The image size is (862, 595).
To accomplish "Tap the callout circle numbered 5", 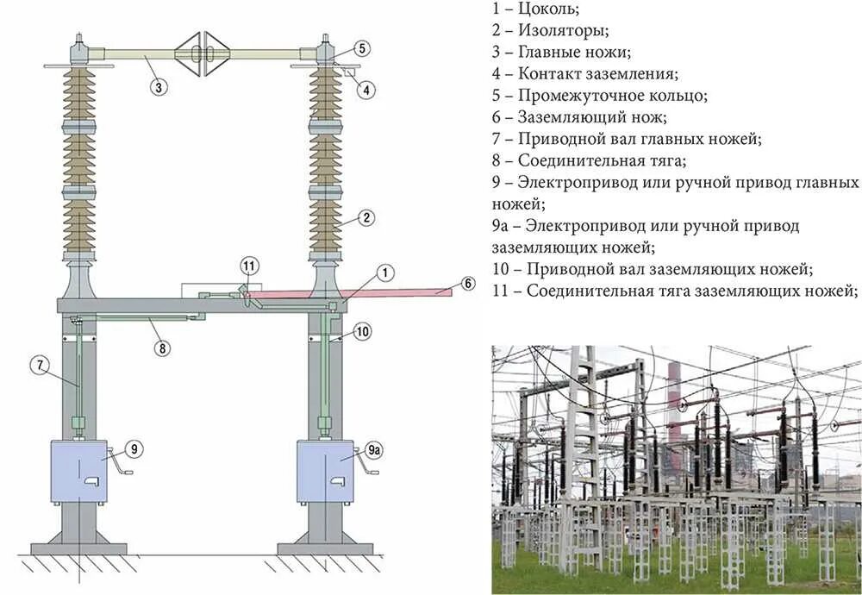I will pos(362,48).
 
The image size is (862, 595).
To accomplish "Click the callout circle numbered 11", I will pos(249,266).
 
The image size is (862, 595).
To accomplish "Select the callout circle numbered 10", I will pos(362,330).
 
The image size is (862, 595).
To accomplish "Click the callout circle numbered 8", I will pos(163,348).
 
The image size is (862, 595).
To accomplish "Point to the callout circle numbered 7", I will pos(40,365).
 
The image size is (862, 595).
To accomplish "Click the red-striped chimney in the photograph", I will pos(675,405).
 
